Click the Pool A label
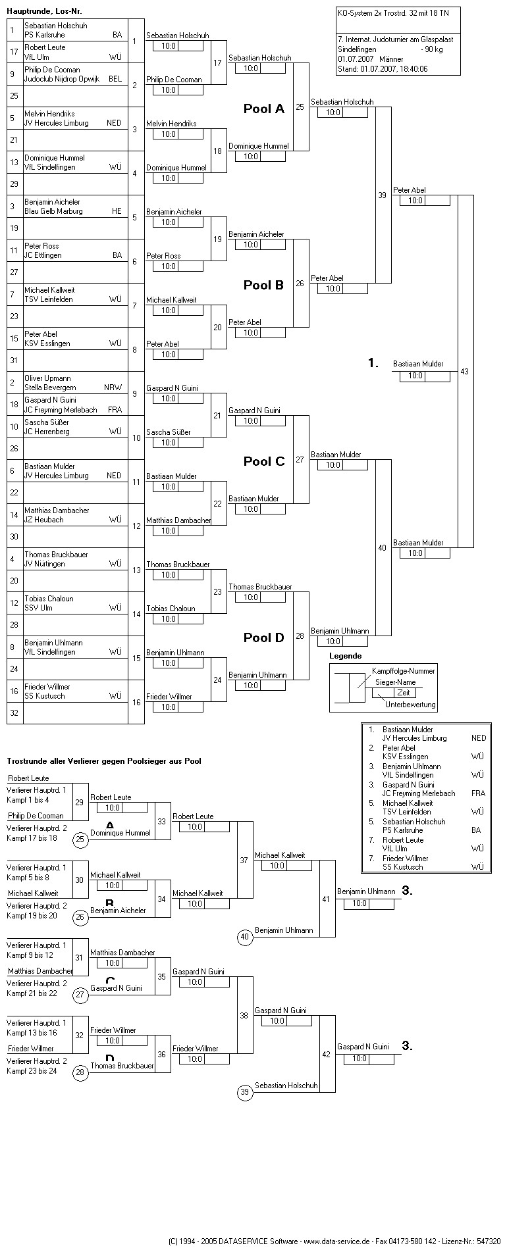(263, 109)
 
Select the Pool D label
(263, 638)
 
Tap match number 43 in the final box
(465, 372)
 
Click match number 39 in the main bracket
(383, 195)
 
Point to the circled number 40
(245, 938)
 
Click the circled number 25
(80, 839)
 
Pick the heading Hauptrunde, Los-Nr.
(44, 11)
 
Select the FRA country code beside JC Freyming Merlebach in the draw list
(115, 410)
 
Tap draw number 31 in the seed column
(14, 360)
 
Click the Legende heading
(346, 656)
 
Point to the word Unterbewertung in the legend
(410, 705)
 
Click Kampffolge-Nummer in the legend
(404, 670)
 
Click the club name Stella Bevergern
(50, 387)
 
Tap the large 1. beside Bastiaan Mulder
(373, 363)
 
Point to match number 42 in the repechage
(326, 1055)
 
